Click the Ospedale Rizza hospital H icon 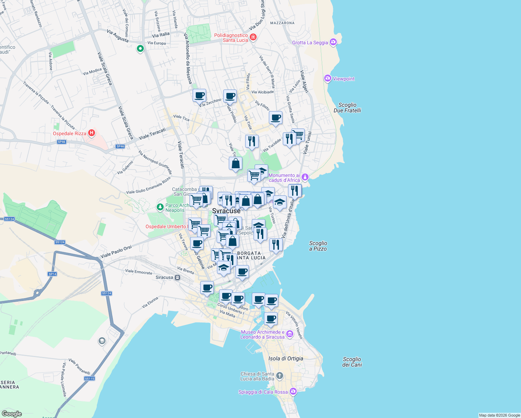[x=92, y=133]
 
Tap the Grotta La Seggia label [x=310, y=42]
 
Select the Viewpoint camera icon [x=327, y=78]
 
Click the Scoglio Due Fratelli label [x=347, y=108]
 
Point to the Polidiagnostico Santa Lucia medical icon [x=253, y=37]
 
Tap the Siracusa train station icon [x=178, y=278]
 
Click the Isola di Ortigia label [x=286, y=358]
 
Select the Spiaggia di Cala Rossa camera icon [x=293, y=392]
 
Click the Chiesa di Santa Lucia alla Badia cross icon [x=280, y=376]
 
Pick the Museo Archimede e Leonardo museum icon [x=290, y=334]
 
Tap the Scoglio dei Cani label [x=352, y=362]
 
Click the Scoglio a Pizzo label [x=318, y=246]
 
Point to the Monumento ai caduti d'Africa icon [x=305, y=177]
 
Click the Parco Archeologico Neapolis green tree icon [x=160, y=207]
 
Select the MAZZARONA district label [x=282, y=23]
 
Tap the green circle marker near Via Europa [x=140, y=49]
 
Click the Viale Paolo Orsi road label [x=116, y=252]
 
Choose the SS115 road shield [x=90, y=378]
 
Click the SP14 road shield [x=52, y=274]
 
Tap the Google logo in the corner [x=11, y=413]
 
